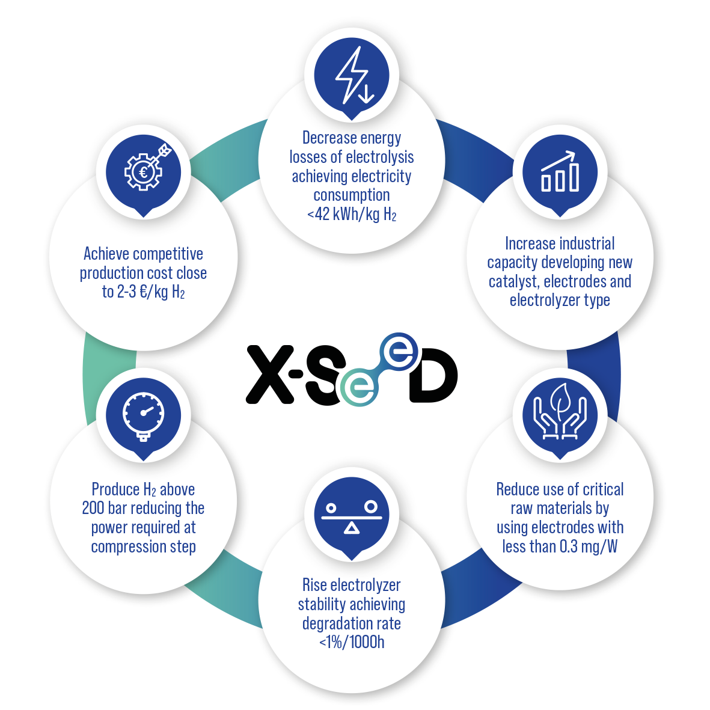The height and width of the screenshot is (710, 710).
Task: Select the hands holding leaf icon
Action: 560,415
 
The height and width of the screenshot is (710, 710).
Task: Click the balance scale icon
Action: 352,516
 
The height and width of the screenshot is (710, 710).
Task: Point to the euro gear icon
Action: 144,171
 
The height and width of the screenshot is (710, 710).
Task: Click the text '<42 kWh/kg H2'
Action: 352,214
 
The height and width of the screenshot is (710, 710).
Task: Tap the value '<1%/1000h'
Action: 352,642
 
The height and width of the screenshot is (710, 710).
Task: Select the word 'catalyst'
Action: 513,281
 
